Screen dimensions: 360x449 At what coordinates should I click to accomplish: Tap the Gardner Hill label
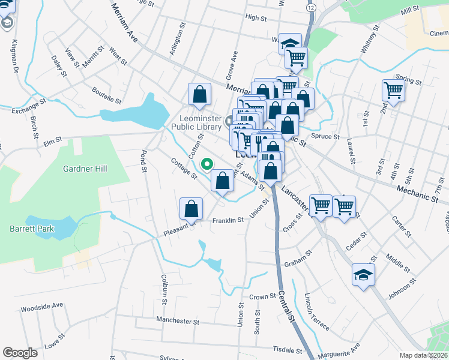tap(85, 169)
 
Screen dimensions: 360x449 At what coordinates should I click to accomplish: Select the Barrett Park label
tap(32, 229)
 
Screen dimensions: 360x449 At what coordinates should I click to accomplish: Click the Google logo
tap(20, 353)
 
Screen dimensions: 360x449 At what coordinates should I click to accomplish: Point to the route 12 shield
tap(310, 8)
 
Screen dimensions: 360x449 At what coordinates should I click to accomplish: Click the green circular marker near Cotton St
tap(208, 163)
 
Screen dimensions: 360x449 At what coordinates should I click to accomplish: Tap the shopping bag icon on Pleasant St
tap(191, 209)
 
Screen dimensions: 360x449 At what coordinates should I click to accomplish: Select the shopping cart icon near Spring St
tap(393, 91)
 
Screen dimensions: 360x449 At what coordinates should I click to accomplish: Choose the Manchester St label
tap(177, 322)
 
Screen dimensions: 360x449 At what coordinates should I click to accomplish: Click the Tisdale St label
tap(287, 350)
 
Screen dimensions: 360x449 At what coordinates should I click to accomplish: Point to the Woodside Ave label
tap(41, 306)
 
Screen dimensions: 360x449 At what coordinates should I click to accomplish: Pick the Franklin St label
tap(228, 220)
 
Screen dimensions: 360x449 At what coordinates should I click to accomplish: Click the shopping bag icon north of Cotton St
tap(199, 94)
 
